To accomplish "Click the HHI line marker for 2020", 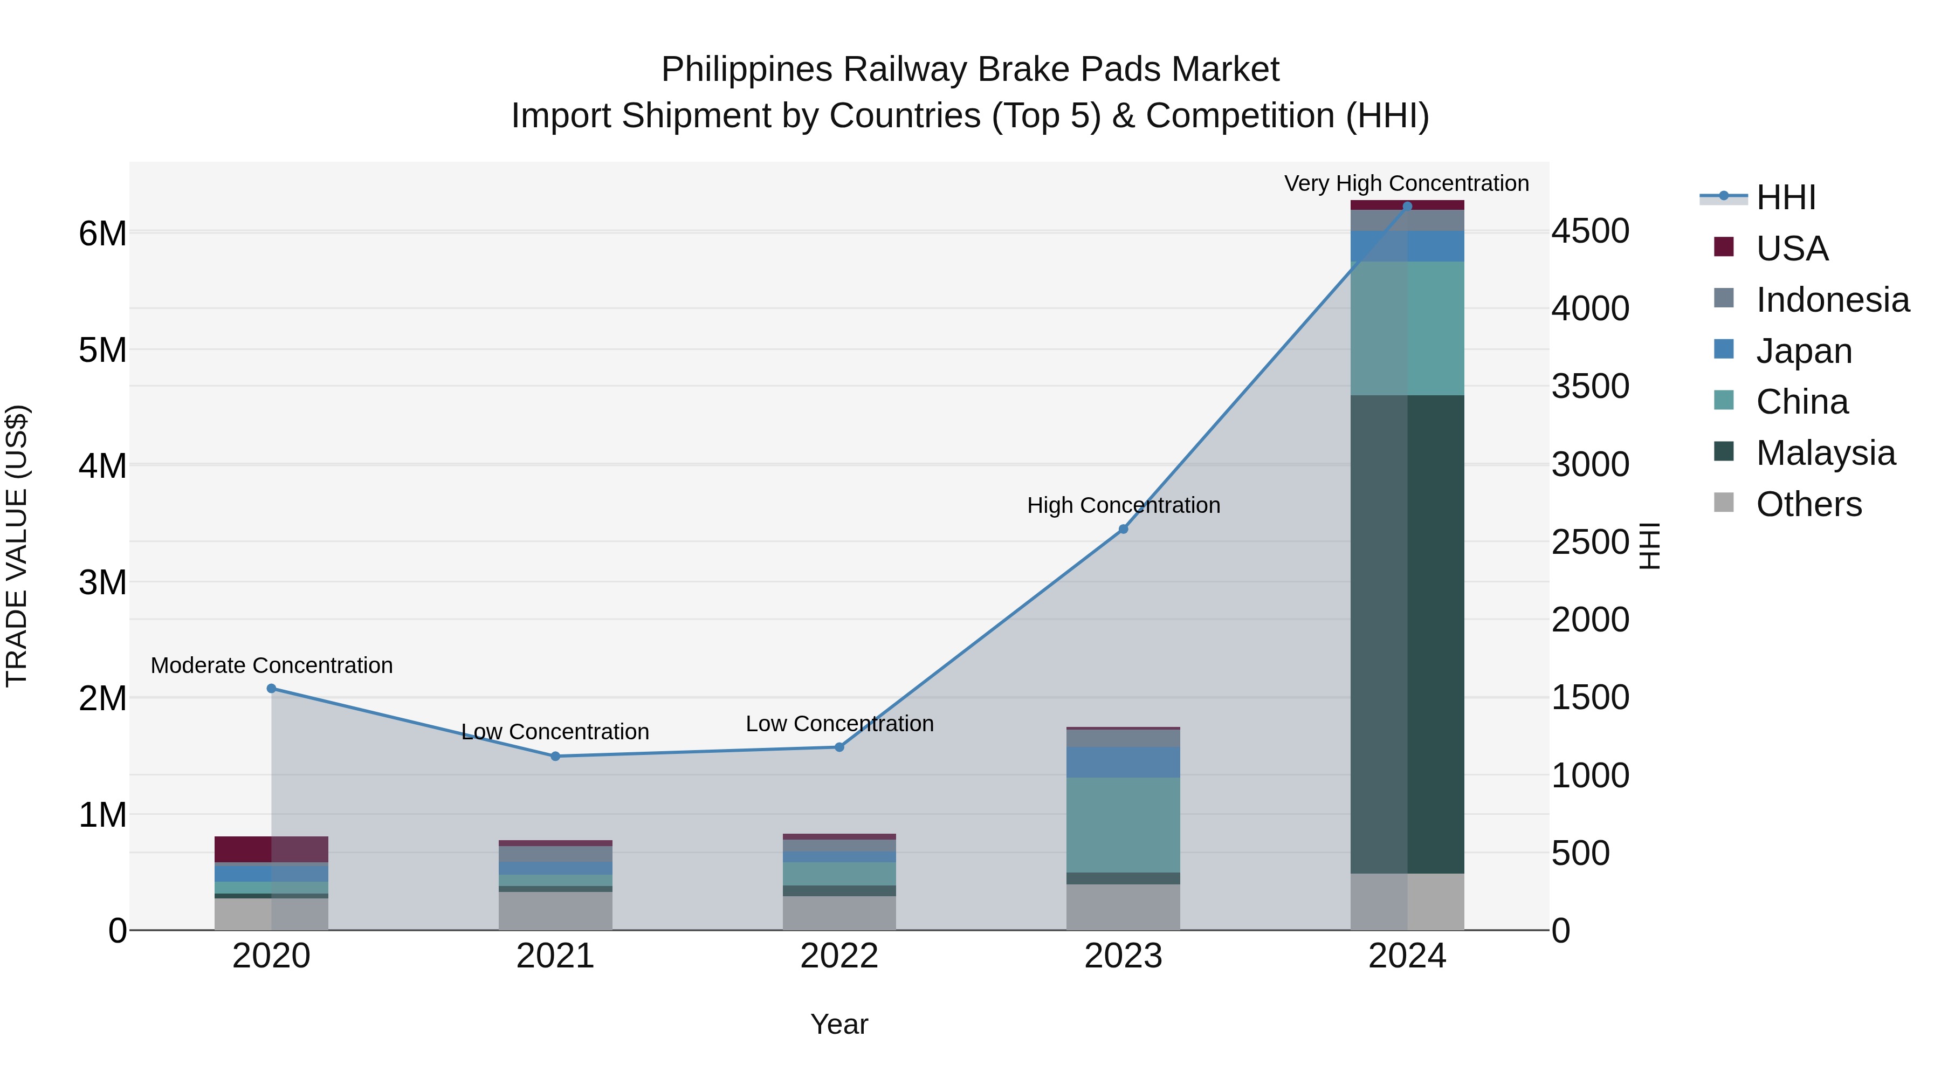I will (x=271, y=688).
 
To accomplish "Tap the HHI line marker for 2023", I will (x=1123, y=529).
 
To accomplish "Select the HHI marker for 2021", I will (x=555, y=756).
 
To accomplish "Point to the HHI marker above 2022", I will (x=839, y=747).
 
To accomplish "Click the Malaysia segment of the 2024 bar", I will (x=1407, y=633).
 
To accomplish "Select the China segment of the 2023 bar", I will (x=1123, y=825).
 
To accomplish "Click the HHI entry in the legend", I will (x=1785, y=197).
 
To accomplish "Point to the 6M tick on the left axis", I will (x=102, y=233).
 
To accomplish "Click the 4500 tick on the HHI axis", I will (x=1590, y=231).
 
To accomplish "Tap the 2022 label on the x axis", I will (x=839, y=956).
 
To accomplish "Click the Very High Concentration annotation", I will (x=1406, y=183).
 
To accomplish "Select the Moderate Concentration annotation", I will (x=271, y=665).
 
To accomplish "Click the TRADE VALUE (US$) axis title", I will (x=17, y=546).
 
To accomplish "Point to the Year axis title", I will (x=839, y=1024).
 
